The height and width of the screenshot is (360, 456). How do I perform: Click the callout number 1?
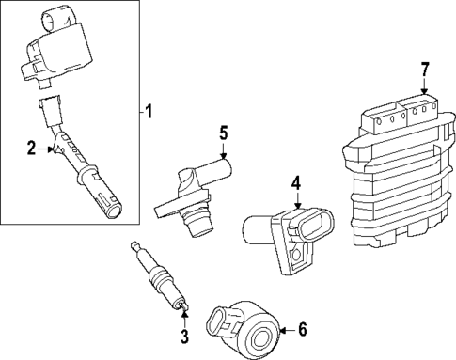click(x=148, y=113)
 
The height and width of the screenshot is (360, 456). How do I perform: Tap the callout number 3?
click(x=184, y=337)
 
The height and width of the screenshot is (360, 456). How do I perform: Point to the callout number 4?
click(x=294, y=181)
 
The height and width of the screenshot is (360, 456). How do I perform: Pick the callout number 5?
click(x=224, y=133)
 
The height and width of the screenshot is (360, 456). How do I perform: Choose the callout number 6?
click(x=303, y=329)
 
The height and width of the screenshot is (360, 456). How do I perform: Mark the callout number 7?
click(x=425, y=69)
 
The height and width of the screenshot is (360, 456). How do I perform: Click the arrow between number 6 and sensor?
click(x=285, y=329)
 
